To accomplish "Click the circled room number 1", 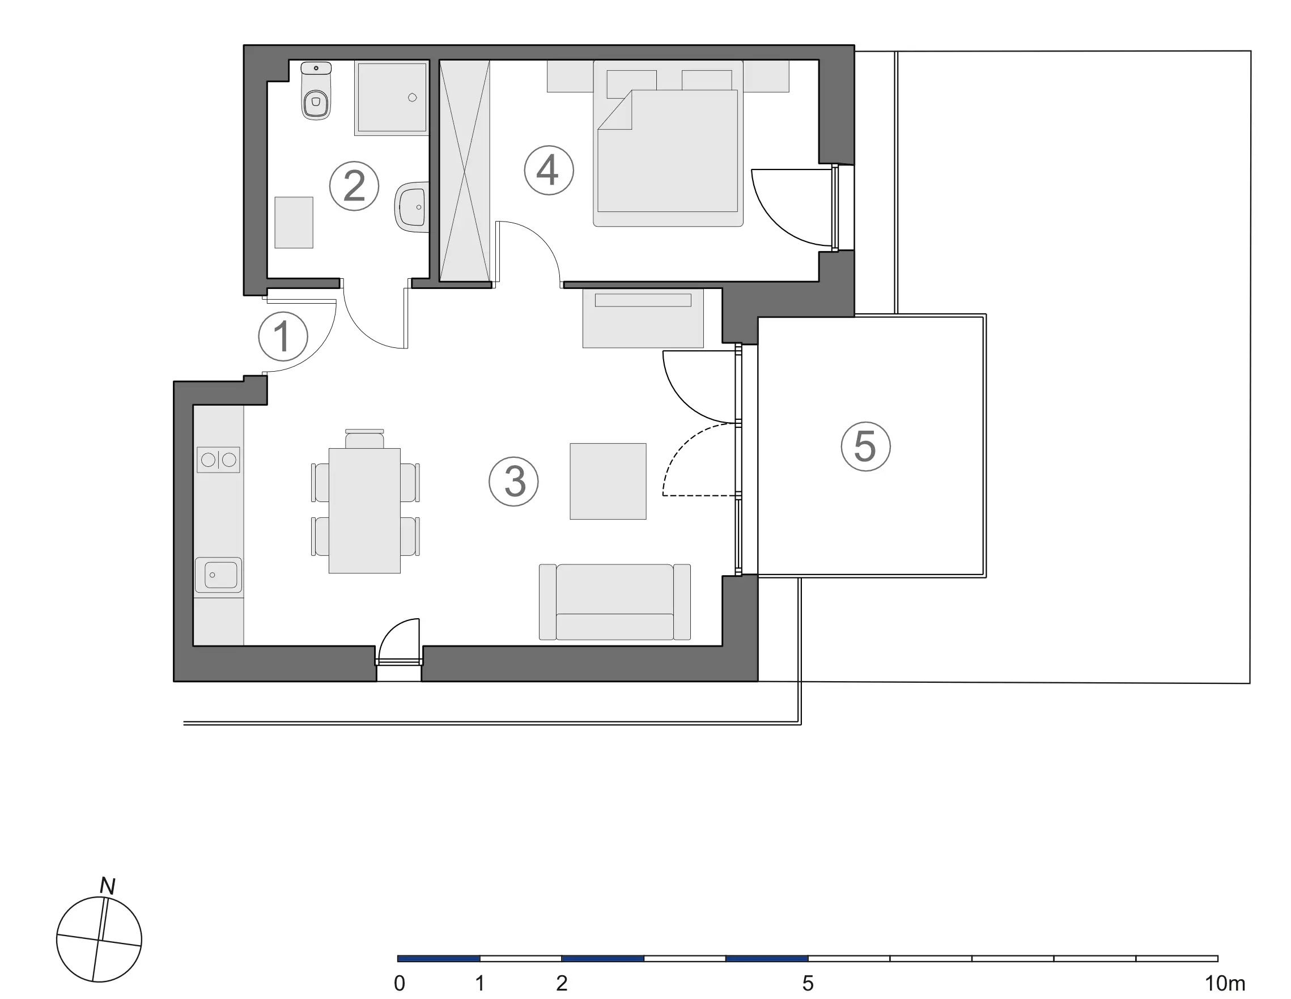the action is coord(283,337).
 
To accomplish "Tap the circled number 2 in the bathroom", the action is coord(354,186).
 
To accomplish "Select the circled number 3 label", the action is coord(513,481).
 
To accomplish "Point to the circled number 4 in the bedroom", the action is coord(549,170).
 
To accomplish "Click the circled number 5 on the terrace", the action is coord(866,447).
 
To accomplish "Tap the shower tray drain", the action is coord(413,98).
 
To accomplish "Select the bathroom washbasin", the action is coord(412,207).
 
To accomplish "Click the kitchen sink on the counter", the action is coord(218,575).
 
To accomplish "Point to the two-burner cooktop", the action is coord(218,460).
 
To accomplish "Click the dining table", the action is coord(365,511).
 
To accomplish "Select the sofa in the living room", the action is coord(615,602).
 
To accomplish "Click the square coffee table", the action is coord(608,481).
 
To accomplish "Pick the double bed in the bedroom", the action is coord(668,143).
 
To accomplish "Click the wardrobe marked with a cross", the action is coord(465,170).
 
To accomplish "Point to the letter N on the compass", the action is coord(108,886).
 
